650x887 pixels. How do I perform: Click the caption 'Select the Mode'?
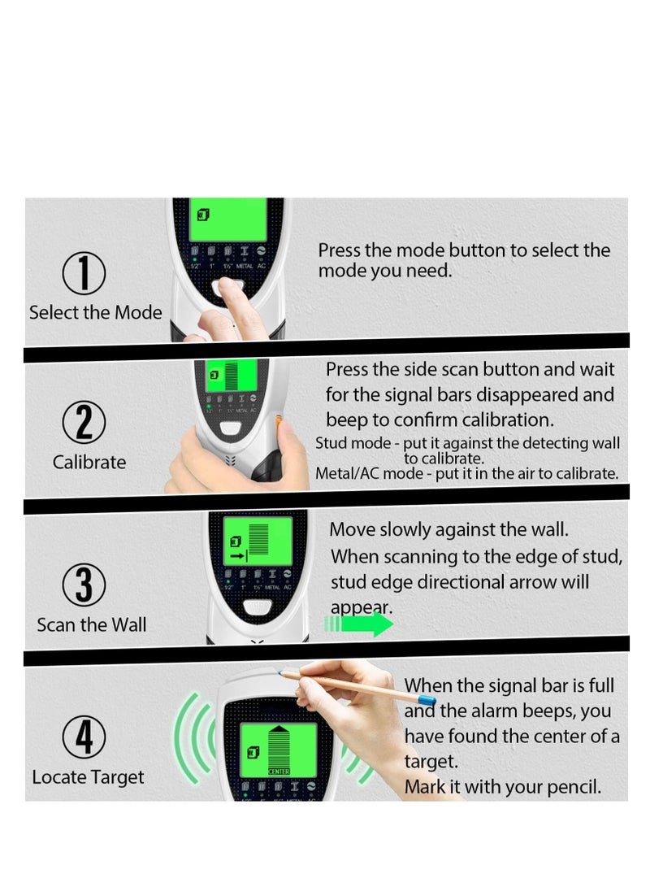pos(95,313)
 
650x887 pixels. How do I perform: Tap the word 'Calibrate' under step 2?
pos(89,463)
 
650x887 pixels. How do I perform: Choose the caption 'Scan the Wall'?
pos(91,625)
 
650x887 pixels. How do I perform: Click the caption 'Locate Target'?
pos(88,777)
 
